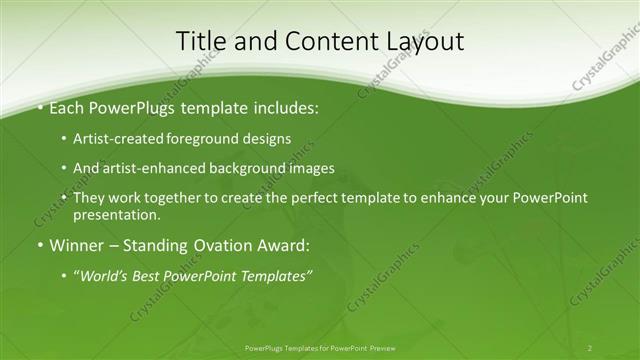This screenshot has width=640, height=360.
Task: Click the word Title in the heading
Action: click(201, 41)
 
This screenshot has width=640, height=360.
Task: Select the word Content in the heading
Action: click(320, 41)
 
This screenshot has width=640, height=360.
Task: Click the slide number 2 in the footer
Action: click(589, 347)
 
